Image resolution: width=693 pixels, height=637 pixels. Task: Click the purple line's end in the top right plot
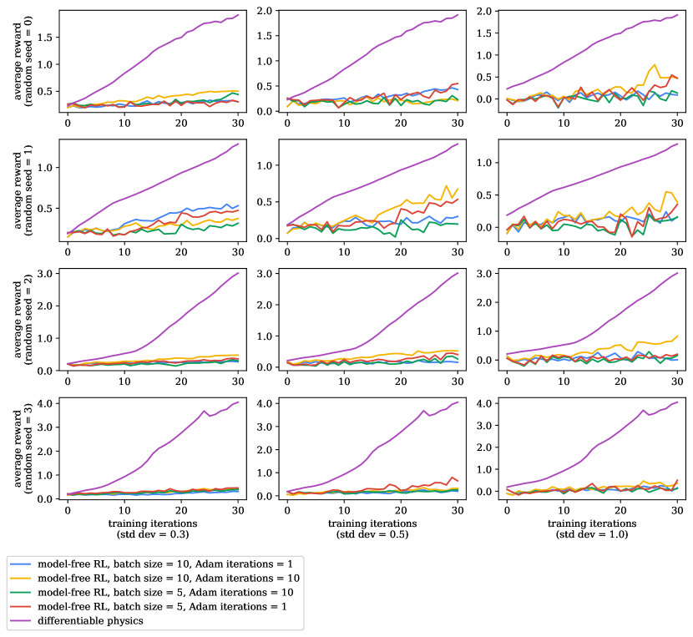(677, 14)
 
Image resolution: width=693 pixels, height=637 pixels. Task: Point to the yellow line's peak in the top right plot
(655, 65)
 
